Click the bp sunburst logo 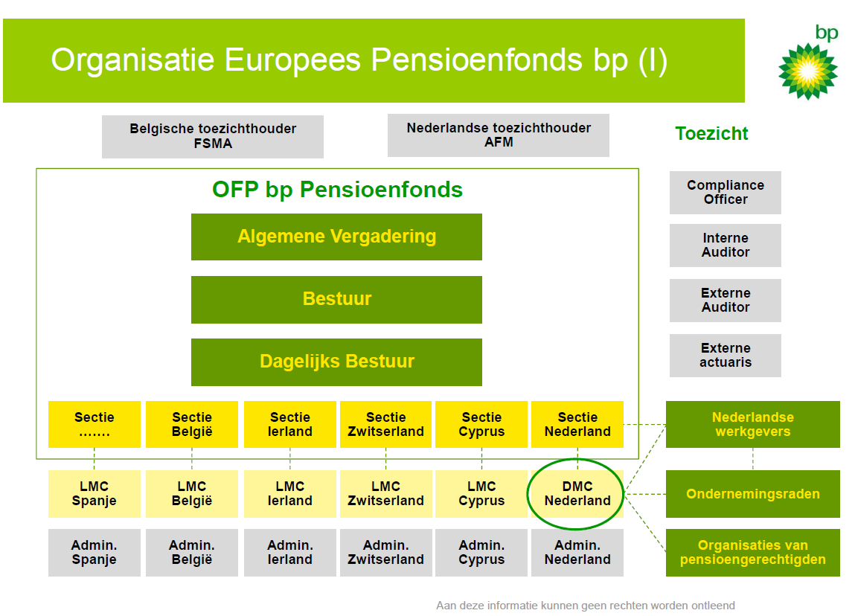[x=807, y=71]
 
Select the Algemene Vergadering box [x=336, y=237]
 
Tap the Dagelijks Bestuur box [x=336, y=362]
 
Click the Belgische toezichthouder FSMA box [x=213, y=136]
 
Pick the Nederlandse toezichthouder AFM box [x=499, y=135]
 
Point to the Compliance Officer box [x=726, y=192]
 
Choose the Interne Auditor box [x=726, y=245]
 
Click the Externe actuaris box [x=726, y=355]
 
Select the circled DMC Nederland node [x=577, y=494]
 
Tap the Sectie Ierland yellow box [x=290, y=424]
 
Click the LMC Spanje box [x=95, y=494]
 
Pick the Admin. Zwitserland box [x=385, y=553]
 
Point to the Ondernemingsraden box [x=752, y=494]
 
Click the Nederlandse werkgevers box [x=752, y=424]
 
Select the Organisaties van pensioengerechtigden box [x=752, y=553]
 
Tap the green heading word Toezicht [x=711, y=134]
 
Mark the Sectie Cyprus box [x=481, y=424]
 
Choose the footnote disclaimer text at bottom [x=585, y=606]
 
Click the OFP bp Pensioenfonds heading [x=337, y=190]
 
